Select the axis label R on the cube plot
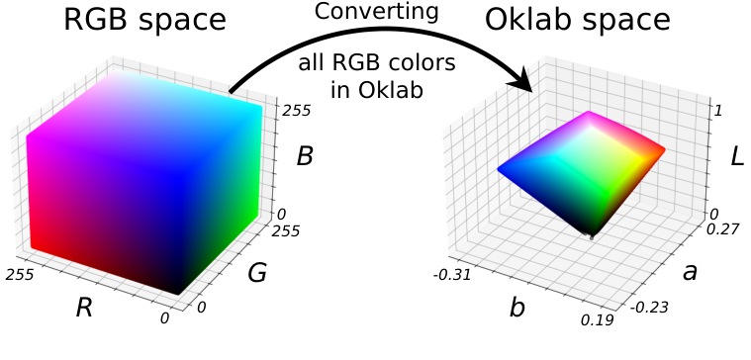click(85, 307)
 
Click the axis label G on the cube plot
click(257, 273)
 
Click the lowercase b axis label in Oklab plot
click(516, 308)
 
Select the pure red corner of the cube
click(35, 244)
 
